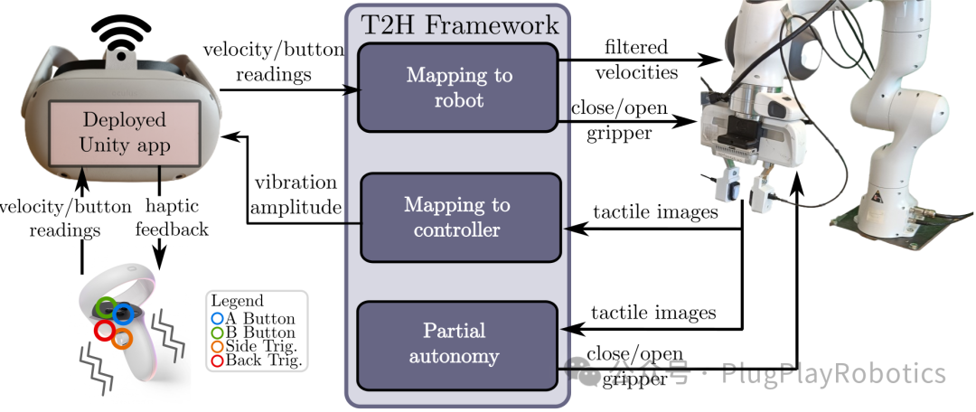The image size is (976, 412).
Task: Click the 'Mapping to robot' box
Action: [457, 87]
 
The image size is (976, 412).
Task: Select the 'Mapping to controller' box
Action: [461, 217]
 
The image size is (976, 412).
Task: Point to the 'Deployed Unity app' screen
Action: [124, 133]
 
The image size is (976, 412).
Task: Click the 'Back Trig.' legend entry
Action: [257, 361]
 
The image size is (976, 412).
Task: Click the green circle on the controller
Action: [107, 306]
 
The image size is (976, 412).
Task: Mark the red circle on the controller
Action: [103, 331]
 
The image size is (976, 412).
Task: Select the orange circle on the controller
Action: [122, 339]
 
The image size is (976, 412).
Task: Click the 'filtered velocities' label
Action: [636, 60]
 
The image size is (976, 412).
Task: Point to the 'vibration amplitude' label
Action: [295, 195]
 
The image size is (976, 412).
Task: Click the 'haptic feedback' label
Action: [172, 218]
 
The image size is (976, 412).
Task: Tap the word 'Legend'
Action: [237, 301]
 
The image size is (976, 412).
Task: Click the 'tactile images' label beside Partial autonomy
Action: [653, 312]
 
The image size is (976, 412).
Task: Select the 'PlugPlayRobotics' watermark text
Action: [833, 373]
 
